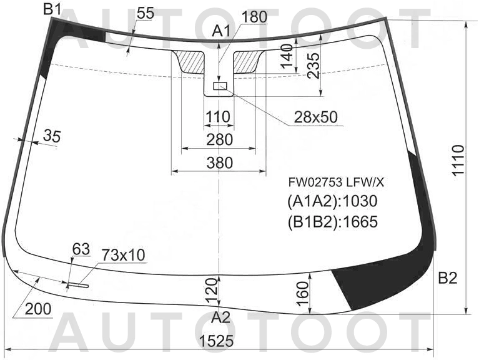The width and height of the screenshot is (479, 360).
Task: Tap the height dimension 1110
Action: point(458,160)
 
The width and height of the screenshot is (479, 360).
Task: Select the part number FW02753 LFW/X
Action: point(336,182)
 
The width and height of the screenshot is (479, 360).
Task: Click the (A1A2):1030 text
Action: point(332,201)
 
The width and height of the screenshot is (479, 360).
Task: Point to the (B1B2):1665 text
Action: point(332,221)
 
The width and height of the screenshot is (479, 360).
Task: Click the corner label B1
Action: point(52,9)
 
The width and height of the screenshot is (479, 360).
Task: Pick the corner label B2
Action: point(448,278)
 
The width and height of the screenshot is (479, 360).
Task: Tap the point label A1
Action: point(221,31)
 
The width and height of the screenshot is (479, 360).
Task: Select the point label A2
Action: point(220,318)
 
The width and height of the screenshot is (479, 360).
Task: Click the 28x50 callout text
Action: point(315,117)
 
